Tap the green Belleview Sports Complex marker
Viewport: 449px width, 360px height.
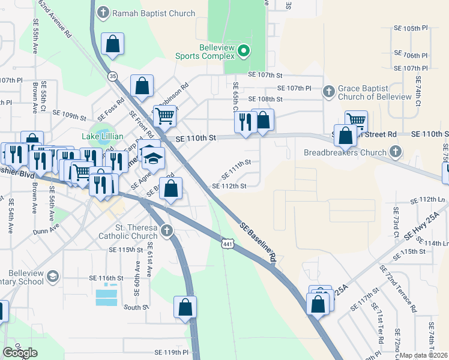(243, 52)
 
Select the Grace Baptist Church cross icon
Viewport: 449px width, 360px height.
(328, 92)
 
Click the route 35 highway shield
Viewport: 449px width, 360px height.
(112, 76)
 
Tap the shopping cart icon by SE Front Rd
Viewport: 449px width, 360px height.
(164, 116)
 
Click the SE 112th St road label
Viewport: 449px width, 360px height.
(229, 187)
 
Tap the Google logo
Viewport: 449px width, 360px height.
(21, 352)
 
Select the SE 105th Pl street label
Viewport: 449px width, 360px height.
(410, 28)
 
